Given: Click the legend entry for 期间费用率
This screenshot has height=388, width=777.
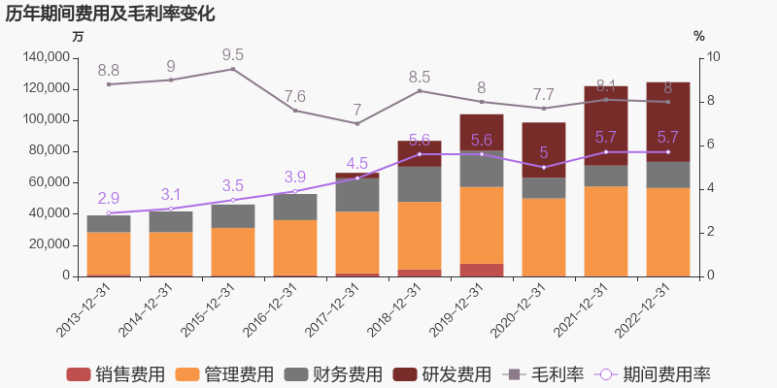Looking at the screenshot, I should [652, 374].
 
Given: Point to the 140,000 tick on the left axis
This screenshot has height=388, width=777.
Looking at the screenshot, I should [45, 57].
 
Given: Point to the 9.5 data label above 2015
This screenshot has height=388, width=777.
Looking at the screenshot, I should [233, 55].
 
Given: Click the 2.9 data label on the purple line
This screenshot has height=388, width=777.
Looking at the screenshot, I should [109, 198].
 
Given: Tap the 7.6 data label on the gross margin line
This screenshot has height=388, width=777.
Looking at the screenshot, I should [295, 96].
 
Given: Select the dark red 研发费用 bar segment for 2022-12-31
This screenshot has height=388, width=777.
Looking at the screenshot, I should [668, 121].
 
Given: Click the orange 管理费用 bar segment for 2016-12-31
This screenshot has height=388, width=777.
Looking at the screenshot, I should [295, 247].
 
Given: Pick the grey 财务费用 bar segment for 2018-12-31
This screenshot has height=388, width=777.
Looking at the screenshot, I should [420, 183].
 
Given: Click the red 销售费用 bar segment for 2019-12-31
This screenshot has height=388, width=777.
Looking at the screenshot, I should [482, 270].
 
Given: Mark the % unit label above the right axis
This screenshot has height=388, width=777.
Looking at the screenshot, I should [699, 36].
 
